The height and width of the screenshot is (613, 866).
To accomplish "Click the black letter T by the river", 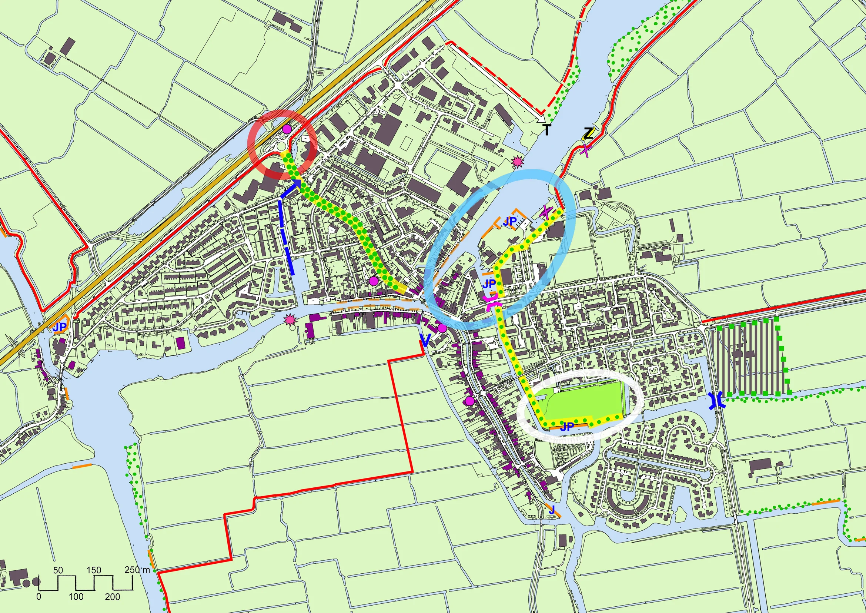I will (x=547, y=130).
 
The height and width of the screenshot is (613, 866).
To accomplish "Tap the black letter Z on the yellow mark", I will (x=588, y=134).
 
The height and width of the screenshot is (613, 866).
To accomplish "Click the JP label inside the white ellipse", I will (x=567, y=427).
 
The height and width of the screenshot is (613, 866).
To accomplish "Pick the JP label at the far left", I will (x=60, y=327).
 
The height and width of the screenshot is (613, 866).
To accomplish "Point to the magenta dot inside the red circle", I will (x=287, y=129).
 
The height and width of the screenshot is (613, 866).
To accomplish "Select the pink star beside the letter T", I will (x=518, y=162).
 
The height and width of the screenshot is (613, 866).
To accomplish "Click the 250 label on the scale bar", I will (x=132, y=570).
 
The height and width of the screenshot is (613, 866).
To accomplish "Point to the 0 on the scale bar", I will (x=39, y=597).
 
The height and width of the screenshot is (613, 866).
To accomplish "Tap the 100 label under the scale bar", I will (x=76, y=597).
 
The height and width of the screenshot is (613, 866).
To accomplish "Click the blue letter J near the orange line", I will (x=552, y=510).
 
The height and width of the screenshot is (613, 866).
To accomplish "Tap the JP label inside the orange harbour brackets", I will (x=509, y=222).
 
